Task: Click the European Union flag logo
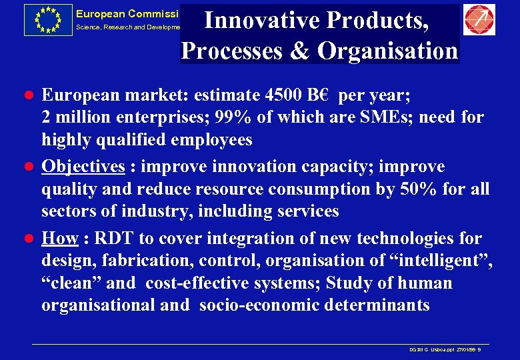[x=47, y=19]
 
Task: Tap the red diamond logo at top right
[x=479, y=20]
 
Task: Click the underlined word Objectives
[x=83, y=166]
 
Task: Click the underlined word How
[x=59, y=238]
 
